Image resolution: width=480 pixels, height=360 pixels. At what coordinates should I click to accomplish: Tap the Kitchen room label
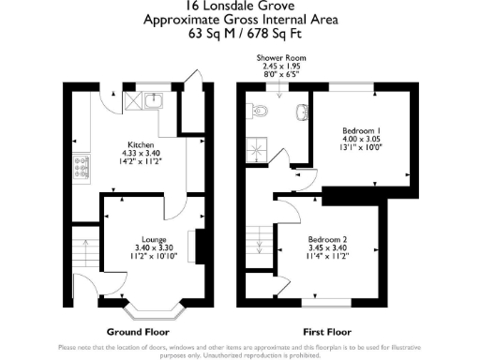tap(142, 145)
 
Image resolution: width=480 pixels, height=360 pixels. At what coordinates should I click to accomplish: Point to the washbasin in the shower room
tap(301, 112)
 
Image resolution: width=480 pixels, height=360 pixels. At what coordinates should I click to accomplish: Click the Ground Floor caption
tap(131, 331)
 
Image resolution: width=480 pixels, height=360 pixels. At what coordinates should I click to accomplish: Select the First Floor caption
tap(327, 331)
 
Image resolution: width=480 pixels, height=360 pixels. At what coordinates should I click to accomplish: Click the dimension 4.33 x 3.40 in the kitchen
tap(142, 154)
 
